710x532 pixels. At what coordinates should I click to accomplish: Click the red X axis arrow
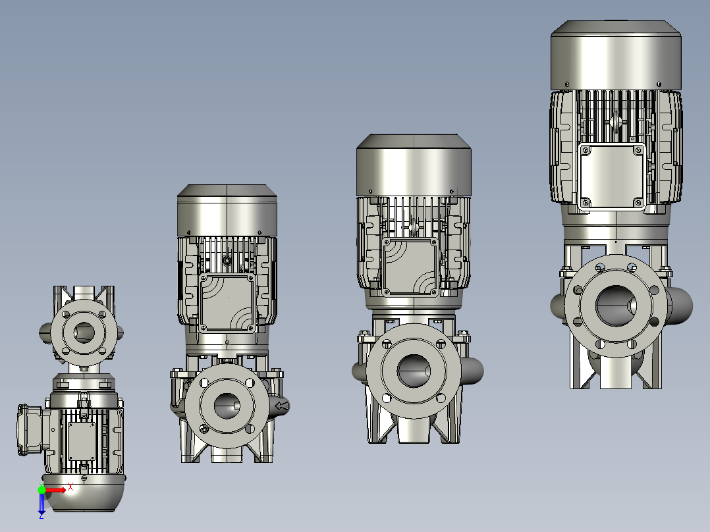[55, 490]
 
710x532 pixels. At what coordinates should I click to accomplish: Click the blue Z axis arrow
[41, 504]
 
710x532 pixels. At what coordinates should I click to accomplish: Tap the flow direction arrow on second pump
[281, 406]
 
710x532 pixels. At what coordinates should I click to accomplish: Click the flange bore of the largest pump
[616, 305]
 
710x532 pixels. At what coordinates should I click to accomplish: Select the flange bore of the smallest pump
[84, 332]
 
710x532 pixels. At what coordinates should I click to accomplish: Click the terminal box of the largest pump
[613, 177]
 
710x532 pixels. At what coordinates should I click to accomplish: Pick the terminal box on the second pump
[227, 302]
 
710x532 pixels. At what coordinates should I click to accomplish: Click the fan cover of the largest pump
[616, 55]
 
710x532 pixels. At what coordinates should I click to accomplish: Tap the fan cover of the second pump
[227, 210]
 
